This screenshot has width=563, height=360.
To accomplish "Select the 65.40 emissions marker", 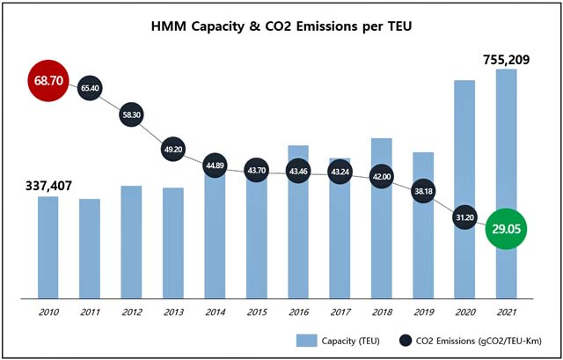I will (x=89, y=89).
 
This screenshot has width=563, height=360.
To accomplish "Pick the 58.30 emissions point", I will (x=130, y=115).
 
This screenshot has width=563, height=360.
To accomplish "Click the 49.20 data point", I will (x=172, y=150).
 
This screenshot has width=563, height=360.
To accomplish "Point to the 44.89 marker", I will (x=215, y=165).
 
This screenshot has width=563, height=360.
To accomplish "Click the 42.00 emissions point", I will (x=382, y=175).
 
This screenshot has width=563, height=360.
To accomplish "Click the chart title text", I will (x=281, y=26).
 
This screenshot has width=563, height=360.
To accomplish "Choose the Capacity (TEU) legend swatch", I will (x=306, y=340).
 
